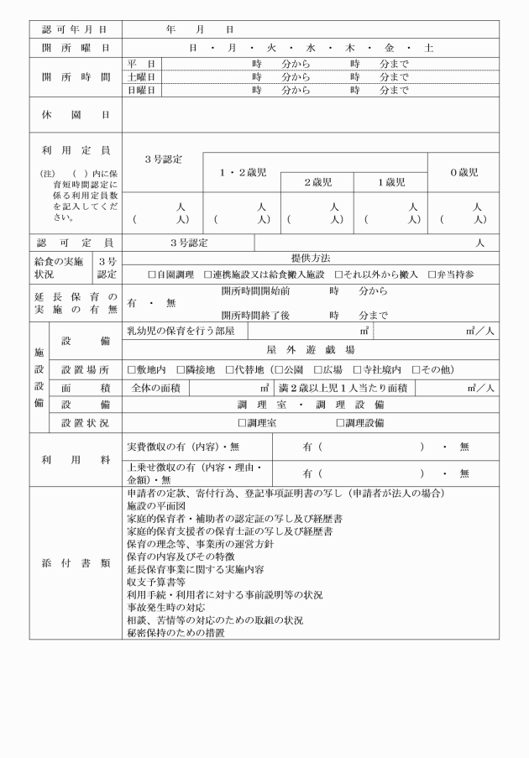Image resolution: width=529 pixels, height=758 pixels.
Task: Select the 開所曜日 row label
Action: point(76,48)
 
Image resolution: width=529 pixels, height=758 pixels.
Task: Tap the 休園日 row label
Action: point(76,112)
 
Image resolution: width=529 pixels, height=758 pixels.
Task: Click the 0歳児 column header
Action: point(464,172)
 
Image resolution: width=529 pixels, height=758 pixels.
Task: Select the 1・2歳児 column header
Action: point(243,172)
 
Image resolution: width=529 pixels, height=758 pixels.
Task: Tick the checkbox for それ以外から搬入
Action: point(339,274)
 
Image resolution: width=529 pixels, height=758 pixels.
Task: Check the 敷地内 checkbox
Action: point(132,369)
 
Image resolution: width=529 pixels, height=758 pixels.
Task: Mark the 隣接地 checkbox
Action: point(181,369)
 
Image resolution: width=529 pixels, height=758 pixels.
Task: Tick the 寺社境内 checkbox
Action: point(358,369)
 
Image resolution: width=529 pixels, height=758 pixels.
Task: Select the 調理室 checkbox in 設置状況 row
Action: point(244,422)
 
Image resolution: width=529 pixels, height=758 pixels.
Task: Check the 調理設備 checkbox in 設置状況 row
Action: point(341,422)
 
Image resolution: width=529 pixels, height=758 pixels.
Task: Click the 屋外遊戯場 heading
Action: point(310,350)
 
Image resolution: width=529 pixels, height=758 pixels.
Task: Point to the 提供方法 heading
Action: point(310,259)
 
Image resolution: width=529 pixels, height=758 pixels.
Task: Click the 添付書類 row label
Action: point(76,562)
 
